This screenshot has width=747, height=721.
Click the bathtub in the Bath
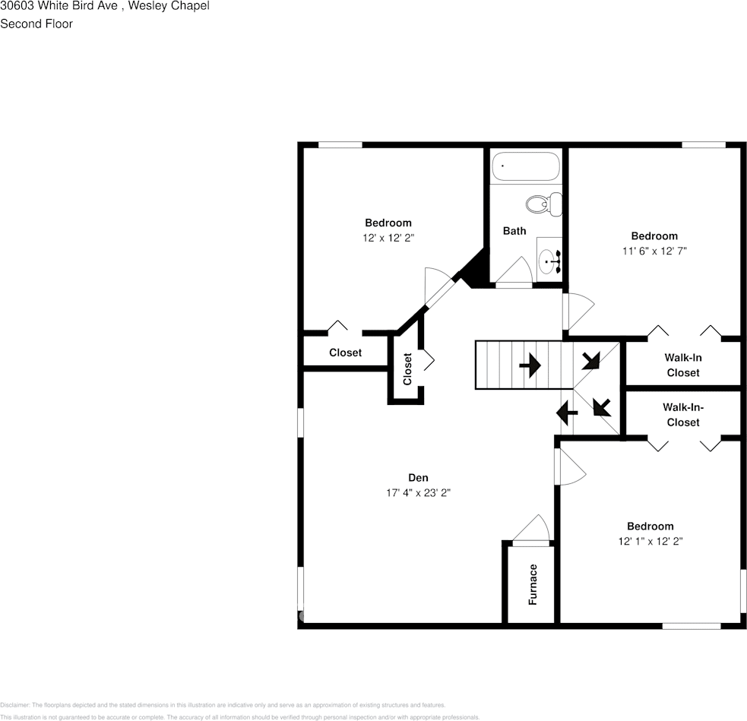pyautogui.click(x=525, y=166)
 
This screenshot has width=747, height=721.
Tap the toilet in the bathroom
pyautogui.click(x=543, y=203)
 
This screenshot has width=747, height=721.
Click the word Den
pyautogui.click(x=418, y=478)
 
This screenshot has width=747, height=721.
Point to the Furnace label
pyautogui.click(x=533, y=583)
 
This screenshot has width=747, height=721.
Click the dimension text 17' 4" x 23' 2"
pyautogui.click(x=418, y=493)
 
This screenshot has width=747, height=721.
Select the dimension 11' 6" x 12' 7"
pyautogui.click(x=654, y=251)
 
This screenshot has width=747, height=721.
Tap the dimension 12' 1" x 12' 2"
pyautogui.click(x=650, y=542)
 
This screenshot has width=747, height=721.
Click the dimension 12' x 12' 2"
pyautogui.click(x=388, y=238)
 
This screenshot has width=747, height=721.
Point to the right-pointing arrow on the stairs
pyautogui.click(x=530, y=366)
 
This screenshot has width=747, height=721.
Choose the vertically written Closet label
pyautogui.click(x=407, y=369)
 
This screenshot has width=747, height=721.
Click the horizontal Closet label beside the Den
pyautogui.click(x=345, y=353)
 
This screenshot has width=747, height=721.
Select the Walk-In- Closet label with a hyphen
pyautogui.click(x=682, y=415)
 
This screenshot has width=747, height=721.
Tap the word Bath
pyautogui.click(x=514, y=231)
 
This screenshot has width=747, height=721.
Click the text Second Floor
pyautogui.click(x=36, y=24)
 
